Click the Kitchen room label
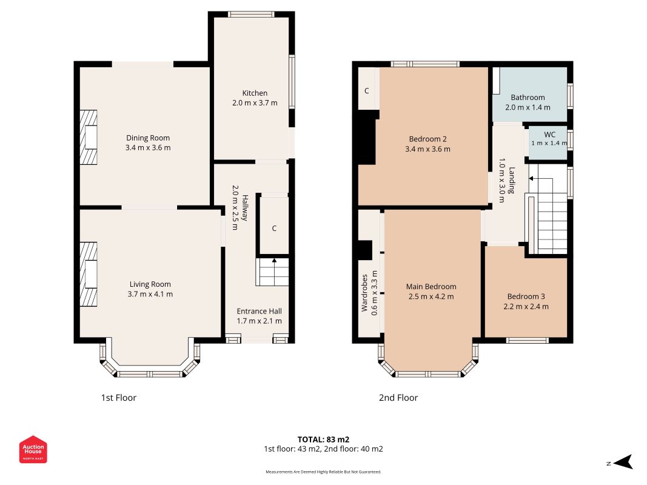[255, 93]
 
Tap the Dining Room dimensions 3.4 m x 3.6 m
[148, 148]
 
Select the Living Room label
[150, 284]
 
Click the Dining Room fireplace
[89, 137]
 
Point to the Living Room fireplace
[89, 274]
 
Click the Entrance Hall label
[259, 312]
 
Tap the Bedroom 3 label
[526, 296]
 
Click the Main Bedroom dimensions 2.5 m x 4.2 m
[431, 296]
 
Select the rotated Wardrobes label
[364, 293]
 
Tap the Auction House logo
[33, 449]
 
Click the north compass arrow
[623, 462]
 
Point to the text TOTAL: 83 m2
[324, 440]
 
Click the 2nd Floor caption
[398, 398]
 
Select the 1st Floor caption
[118, 398]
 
